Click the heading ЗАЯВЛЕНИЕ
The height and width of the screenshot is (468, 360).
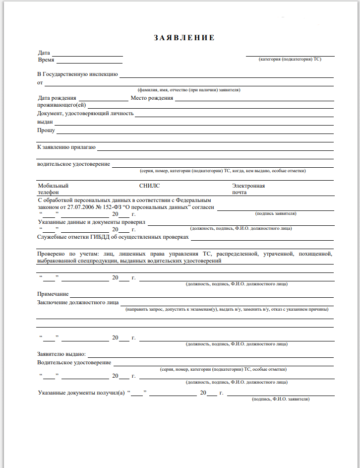pos(184,38)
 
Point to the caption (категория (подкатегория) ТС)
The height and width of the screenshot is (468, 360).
pos(290,59)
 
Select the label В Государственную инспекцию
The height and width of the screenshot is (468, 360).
pos(78,74)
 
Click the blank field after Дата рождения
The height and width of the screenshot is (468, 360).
pos(103,99)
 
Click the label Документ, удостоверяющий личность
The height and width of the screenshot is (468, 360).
pos(85,113)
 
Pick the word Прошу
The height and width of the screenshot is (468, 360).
pos(46,131)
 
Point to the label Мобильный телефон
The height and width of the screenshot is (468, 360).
pos(53,189)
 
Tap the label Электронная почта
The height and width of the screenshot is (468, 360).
pos(248,189)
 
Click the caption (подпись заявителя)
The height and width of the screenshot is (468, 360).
pos(276,213)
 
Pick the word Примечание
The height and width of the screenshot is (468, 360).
pos(53,294)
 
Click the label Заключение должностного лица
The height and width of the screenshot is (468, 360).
pos(78,302)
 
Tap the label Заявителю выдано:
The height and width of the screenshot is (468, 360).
pos(62,354)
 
